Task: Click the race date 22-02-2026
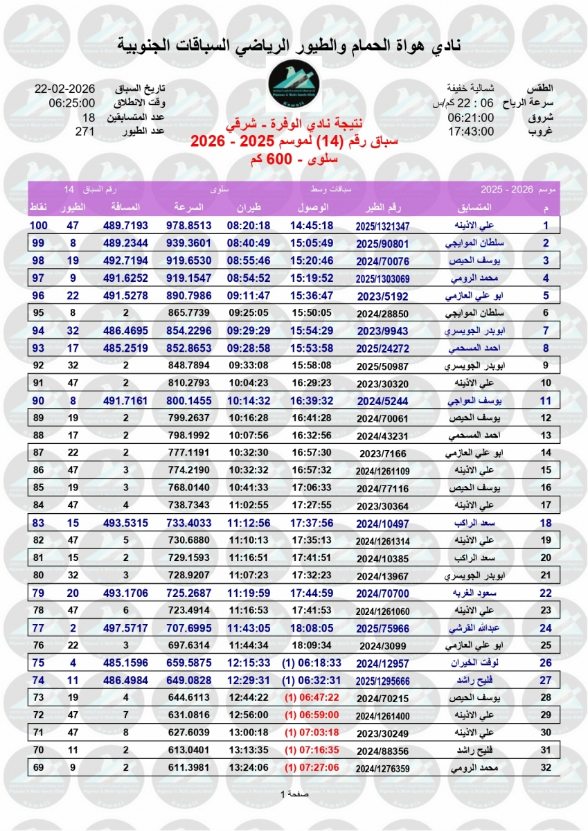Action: [65, 90]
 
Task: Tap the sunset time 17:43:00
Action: [471, 131]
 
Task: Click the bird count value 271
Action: [84, 131]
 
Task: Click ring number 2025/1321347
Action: [383, 226]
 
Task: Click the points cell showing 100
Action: [38, 225]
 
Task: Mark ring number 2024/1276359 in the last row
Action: [383, 768]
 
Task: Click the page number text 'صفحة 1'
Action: [294, 793]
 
